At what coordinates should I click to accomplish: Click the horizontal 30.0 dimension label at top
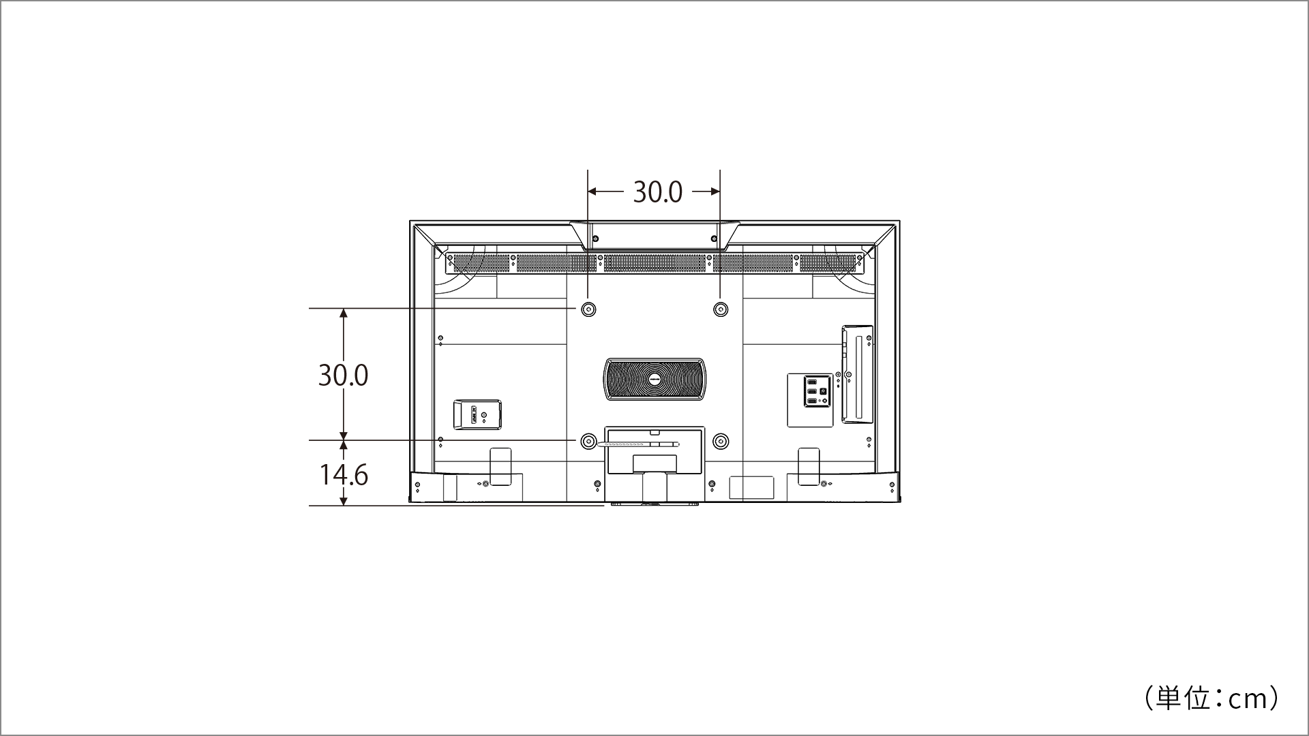(657, 192)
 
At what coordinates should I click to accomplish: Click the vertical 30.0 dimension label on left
(343, 375)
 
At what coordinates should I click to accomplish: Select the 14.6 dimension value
(344, 475)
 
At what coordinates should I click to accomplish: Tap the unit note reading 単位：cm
(1211, 699)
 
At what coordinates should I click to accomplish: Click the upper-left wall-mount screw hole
(588, 309)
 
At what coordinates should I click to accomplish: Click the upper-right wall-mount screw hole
(720, 309)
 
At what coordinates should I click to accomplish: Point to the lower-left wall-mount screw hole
(588, 442)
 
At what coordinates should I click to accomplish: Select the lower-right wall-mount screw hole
(720, 442)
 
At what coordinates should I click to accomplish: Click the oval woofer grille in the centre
(654, 380)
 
